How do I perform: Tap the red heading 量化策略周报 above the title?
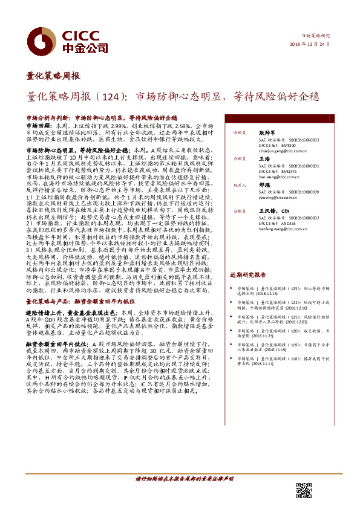point(53,76)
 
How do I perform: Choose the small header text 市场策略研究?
point(318,36)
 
